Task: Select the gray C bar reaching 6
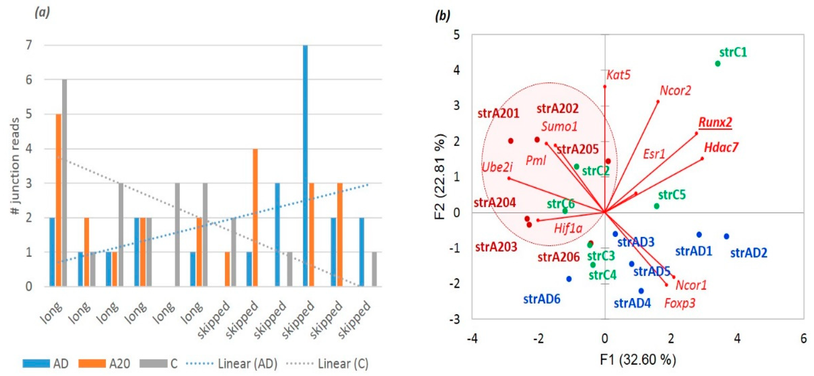tap(64, 183)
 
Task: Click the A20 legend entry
tap(104, 364)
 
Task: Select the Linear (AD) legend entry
tap(232, 364)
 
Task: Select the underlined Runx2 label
tap(715, 122)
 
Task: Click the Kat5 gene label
tap(618, 75)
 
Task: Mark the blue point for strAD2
tap(726, 236)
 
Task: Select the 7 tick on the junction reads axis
tap(29, 45)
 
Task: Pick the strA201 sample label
tap(498, 113)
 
